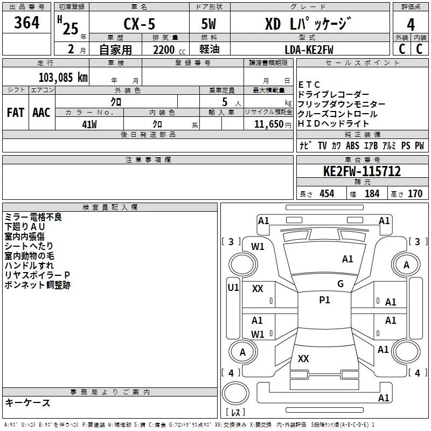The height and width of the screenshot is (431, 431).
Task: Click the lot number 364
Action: tap(26, 23)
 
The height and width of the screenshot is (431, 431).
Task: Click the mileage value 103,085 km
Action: tap(63, 77)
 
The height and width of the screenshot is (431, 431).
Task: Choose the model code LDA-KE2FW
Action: tap(309, 50)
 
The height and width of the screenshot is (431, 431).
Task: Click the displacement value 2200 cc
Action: tap(165, 50)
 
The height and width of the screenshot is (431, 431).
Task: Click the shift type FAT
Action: tap(16, 113)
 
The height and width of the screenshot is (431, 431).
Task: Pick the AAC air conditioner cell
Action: tap(41, 113)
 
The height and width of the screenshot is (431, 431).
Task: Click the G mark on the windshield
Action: tap(340, 284)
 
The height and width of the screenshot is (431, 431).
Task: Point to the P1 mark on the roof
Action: tap(324, 300)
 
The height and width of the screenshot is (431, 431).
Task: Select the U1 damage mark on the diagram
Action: tap(233, 288)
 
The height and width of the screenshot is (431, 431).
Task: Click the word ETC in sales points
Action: tap(309, 85)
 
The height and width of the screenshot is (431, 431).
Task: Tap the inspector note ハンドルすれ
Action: tap(29, 266)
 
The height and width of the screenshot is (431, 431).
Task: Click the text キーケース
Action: tap(27, 402)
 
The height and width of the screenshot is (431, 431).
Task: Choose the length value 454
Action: tap(326, 194)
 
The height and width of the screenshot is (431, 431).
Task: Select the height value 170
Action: tap(415, 194)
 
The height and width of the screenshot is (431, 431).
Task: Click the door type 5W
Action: tap(209, 25)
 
